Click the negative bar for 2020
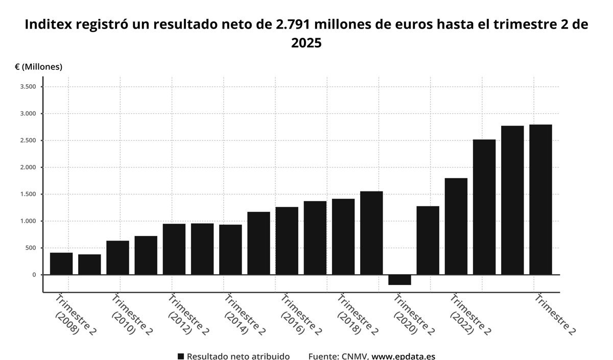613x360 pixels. pyautogui.click(x=399, y=280)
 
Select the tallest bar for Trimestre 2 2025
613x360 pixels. pyautogui.click(x=540, y=200)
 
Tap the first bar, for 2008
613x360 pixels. pyautogui.click(x=61, y=263)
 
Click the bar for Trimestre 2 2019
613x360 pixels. pyautogui.click(x=371, y=233)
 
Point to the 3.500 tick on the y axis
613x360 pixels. pyautogui.click(x=28, y=87)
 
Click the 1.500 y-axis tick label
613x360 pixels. pyautogui.click(x=28, y=194)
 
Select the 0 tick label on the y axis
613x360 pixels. pyautogui.click(x=34, y=275)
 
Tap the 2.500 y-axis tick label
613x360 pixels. pyautogui.click(x=28, y=140)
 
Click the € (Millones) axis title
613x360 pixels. pyautogui.click(x=38, y=67)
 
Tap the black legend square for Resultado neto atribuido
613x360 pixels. pyautogui.click(x=180, y=356)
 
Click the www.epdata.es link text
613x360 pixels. pyautogui.click(x=403, y=356)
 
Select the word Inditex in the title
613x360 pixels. pyautogui.click(x=49, y=24)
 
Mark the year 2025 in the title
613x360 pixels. pyautogui.click(x=306, y=43)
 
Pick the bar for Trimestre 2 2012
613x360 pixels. pyautogui.click(x=174, y=249)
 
